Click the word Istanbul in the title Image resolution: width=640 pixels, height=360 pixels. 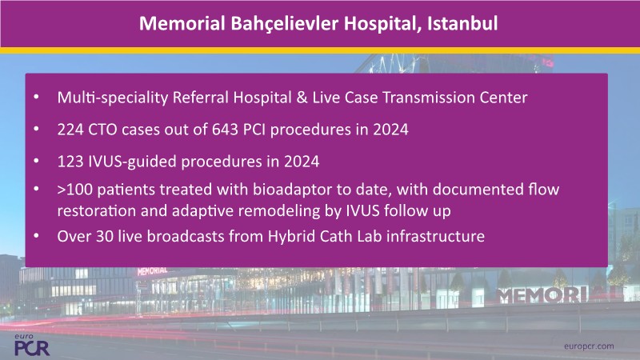click(462, 23)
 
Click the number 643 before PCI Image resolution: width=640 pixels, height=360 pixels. click(225, 130)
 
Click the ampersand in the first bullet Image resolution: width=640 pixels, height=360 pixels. click(302, 98)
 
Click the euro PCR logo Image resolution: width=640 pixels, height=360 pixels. click(31, 345)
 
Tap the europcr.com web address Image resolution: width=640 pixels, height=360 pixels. click(589, 346)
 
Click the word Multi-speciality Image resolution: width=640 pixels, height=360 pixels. click(113, 98)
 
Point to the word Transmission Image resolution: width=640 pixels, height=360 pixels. click(429, 98)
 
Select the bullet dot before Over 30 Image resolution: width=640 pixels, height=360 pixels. click(36, 235)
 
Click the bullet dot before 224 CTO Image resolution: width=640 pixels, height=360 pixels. click(36, 129)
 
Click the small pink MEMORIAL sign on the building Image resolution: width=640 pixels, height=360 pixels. click(152, 270)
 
